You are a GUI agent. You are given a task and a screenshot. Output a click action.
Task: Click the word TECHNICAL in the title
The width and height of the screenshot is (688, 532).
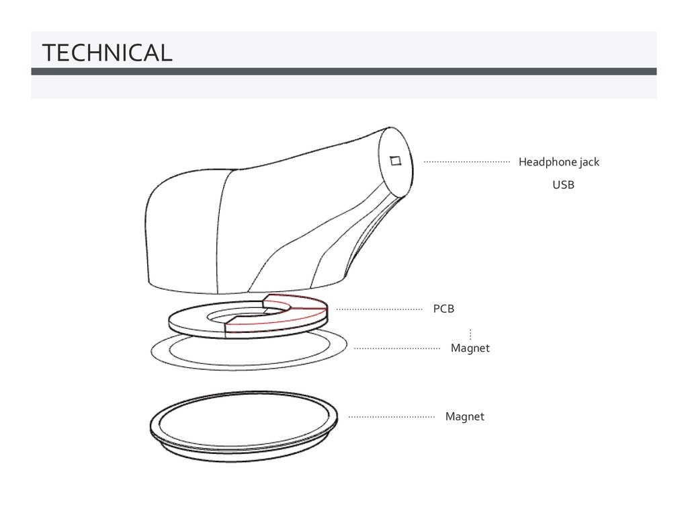(x=107, y=52)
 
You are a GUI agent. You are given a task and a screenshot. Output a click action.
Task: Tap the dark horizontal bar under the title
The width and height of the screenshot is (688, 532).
(x=343, y=71)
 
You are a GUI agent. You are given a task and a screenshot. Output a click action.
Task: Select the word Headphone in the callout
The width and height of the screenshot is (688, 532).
(x=547, y=162)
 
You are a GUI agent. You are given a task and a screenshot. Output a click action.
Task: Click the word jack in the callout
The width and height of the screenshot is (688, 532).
(x=589, y=162)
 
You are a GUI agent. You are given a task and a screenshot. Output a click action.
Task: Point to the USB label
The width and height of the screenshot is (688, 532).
(x=563, y=185)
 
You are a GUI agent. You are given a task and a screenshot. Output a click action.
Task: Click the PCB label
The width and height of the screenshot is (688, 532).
(x=443, y=309)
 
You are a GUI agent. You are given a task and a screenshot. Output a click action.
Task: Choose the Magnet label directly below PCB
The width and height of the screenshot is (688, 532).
(x=470, y=348)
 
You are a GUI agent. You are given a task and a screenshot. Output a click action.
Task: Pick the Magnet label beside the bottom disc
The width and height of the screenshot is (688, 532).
(x=464, y=417)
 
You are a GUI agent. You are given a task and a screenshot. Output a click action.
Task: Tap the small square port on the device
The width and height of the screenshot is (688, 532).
(x=395, y=160)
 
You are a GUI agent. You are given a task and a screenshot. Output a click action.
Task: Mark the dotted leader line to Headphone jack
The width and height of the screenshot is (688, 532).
(x=466, y=162)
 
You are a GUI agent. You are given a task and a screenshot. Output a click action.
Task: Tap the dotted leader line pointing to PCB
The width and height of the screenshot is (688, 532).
(x=379, y=309)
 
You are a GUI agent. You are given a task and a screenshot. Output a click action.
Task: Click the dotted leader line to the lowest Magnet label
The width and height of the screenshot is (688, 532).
(x=391, y=417)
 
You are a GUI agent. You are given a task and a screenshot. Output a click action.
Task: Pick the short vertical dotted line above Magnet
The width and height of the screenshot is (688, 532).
(x=470, y=334)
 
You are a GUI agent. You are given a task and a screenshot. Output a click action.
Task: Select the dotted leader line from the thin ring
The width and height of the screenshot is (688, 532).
(x=396, y=348)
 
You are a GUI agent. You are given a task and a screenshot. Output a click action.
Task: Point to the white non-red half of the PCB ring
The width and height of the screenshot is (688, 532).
(x=195, y=321)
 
